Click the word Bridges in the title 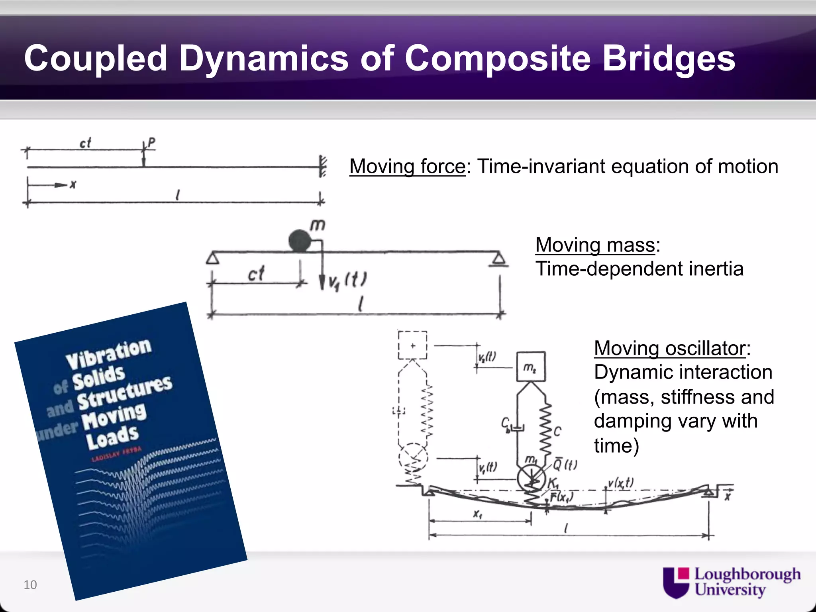click(x=668, y=59)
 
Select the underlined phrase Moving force click(x=407, y=167)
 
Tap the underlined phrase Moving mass click(x=595, y=245)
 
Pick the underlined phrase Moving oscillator click(x=670, y=349)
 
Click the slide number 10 click(x=30, y=585)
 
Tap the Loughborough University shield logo click(x=676, y=582)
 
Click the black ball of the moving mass click(x=299, y=241)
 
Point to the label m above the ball click(x=318, y=226)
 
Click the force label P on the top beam click(x=151, y=142)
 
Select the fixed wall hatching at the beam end click(x=323, y=166)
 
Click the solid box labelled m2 click(x=531, y=367)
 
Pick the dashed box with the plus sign click(x=412, y=345)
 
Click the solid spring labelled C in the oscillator click(x=545, y=428)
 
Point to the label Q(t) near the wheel click(x=565, y=465)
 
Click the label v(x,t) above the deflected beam click(x=620, y=483)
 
